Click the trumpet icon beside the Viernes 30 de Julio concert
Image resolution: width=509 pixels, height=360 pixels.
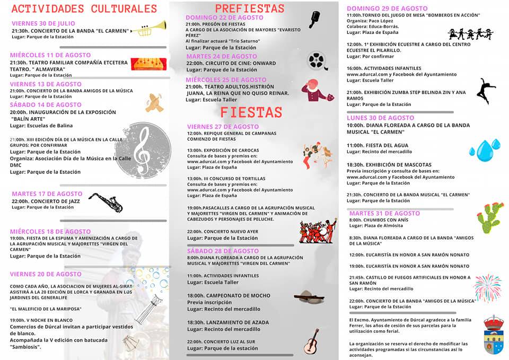153,29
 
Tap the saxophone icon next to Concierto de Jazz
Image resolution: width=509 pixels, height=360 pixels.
105,202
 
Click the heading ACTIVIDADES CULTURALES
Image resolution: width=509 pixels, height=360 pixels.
84,8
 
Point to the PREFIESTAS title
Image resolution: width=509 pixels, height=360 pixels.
250,8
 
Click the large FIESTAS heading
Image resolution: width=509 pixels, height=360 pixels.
251,112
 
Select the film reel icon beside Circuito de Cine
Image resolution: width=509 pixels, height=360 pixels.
317,60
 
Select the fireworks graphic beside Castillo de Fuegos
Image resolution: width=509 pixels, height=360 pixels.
487,287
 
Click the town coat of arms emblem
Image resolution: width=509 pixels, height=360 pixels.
494,333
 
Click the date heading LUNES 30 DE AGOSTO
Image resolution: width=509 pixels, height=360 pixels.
380,118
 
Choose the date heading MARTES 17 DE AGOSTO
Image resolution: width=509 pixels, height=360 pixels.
47,194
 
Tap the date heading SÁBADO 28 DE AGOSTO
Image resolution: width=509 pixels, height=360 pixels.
223,251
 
